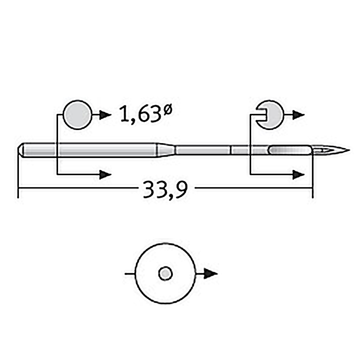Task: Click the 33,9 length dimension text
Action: click(x=165, y=189)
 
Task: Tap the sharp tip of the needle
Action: click(x=350, y=151)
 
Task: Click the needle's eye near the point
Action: click(x=321, y=151)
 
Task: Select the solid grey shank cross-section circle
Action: click(x=77, y=115)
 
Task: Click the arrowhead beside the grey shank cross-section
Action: click(x=106, y=115)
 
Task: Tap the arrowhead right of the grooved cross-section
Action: click(x=298, y=115)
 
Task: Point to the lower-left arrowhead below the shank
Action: click(x=105, y=175)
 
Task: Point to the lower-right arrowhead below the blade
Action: click(x=298, y=175)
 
